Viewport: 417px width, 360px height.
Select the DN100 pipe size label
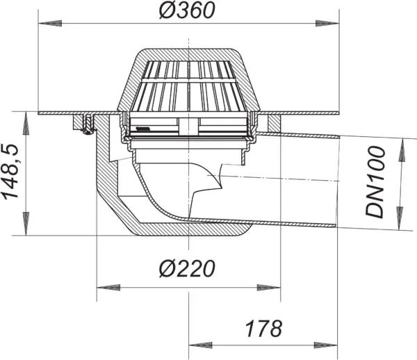tap(379, 183)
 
